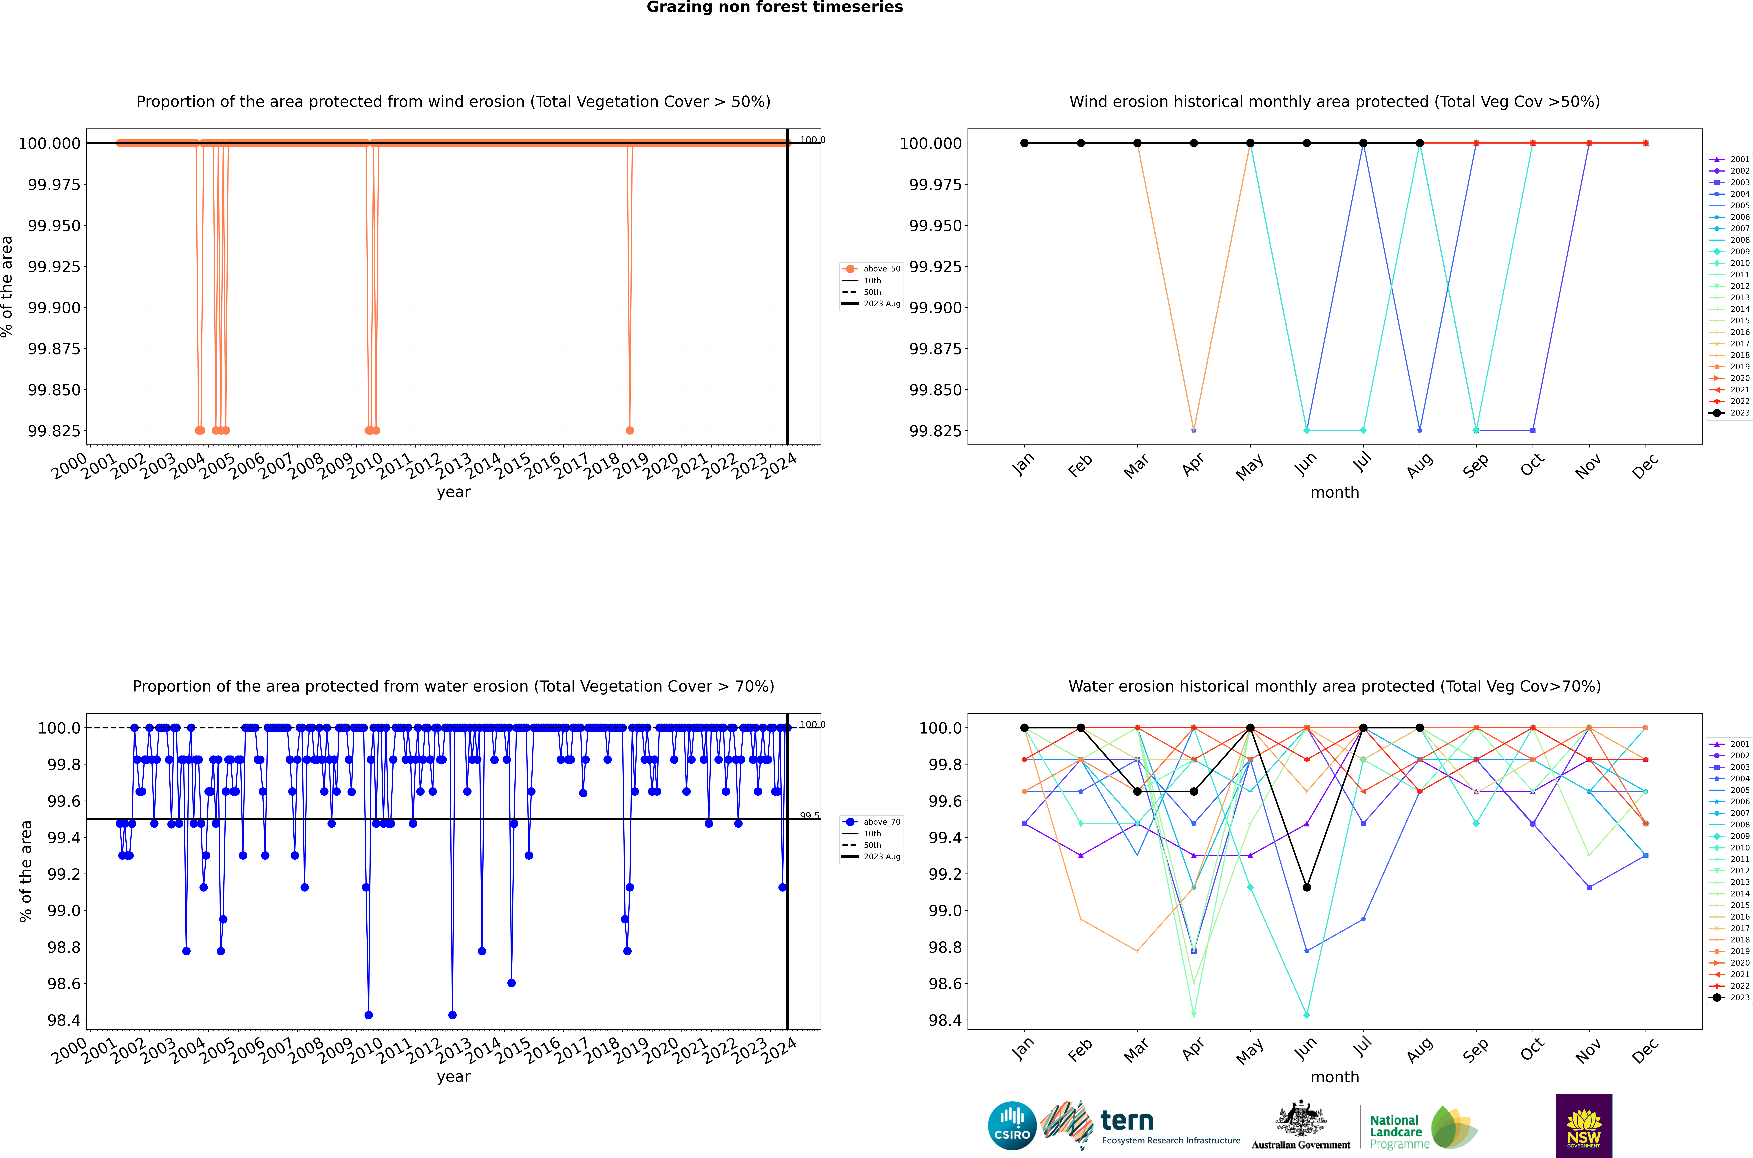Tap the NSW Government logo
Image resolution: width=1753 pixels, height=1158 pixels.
[x=1584, y=1126]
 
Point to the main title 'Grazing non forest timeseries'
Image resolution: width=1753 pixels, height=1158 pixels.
[x=774, y=7]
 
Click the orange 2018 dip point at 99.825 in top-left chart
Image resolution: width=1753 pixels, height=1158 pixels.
[x=629, y=431]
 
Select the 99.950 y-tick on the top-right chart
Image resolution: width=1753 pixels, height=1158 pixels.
[x=935, y=225]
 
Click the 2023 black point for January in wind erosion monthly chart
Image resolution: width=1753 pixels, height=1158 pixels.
[x=1024, y=143]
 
